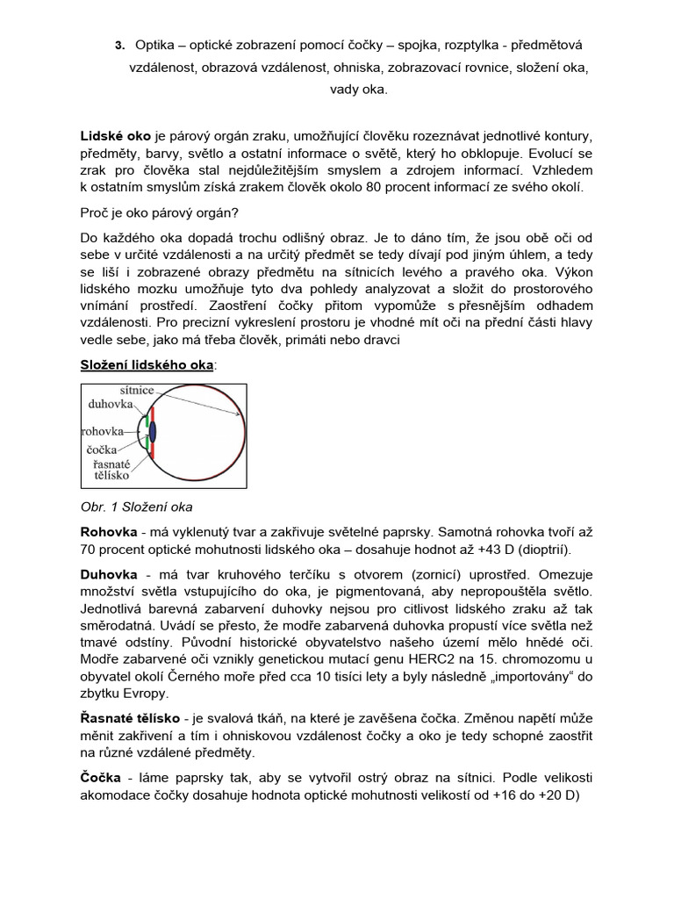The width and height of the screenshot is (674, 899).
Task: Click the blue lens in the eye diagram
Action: (x=154, y=431)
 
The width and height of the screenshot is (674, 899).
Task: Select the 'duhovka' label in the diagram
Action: (x=110, y=404)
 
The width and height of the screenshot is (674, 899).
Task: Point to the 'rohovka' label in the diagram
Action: (x=102, y=432)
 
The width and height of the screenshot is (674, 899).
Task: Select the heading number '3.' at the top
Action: (x=119, y=45)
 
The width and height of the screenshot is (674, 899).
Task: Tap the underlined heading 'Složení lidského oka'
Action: (x=146, y=364)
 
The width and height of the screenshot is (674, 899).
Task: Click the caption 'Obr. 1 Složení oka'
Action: (x=136, y=507)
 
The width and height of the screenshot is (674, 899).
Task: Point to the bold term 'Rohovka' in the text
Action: (x=108, y=532)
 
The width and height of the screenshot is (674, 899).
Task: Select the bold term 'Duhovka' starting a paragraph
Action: (x=108, y=575)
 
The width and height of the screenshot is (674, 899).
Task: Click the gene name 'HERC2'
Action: (x=396, y=660)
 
